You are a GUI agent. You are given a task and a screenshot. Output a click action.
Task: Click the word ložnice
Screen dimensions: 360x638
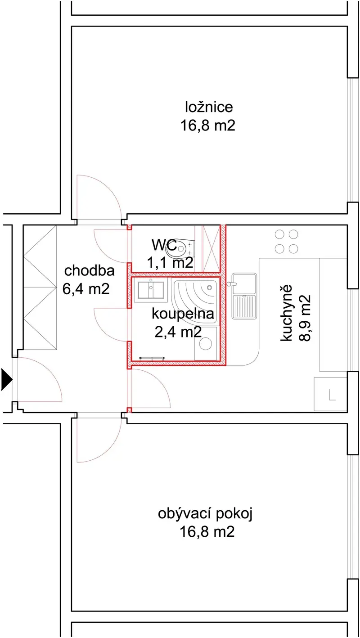pyautogui.click(x=209, y=108)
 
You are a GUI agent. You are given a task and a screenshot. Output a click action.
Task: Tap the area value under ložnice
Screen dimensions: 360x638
pyautogui.click(x=208, y=126)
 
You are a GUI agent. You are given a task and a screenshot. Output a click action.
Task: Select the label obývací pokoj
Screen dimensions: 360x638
pyautogui.click(x=205, y=514)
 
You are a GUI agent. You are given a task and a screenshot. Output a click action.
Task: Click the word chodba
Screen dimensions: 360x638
pyautogui.click(x=90, y=270)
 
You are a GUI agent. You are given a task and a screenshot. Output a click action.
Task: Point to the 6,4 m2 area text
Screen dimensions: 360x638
pyautogui.click(x=86, y=289)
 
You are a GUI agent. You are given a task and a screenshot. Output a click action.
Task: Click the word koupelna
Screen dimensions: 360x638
pyautogui.click(x=183, y=314)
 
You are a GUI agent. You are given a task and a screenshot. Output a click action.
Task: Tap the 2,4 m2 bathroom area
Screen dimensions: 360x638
pyautogui.click(x=178, y=332)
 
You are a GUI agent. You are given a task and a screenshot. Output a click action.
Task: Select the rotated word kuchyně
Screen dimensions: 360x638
pyautogui.click(x=286, y=312)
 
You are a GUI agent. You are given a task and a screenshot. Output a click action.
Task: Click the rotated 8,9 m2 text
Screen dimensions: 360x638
pyautogui.click(x=305, y=318)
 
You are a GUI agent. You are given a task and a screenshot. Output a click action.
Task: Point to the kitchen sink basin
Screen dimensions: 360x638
pyautogui.click(x=244, y=284)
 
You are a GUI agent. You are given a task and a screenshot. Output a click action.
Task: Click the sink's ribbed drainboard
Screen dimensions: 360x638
pyautogui.click(x=244, y=307)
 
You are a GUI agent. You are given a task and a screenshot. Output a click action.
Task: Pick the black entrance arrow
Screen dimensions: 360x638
pyautogui.click(x=7, y=380)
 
